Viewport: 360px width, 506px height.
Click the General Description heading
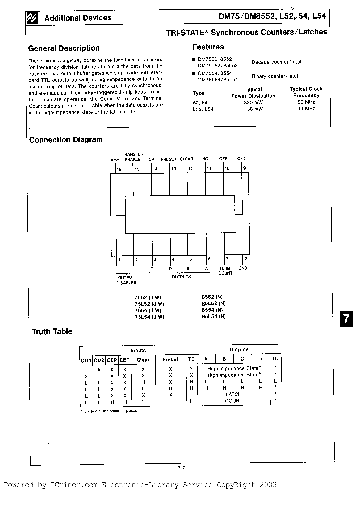tap(64, 48)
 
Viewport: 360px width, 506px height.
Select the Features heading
tap(208, 47)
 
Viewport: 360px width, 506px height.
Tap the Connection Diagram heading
tap(66, 140)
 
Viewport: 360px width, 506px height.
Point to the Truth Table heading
tap(52, 331)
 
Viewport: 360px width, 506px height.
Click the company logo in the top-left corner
tap(33, 18)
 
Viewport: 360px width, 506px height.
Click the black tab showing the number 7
tap(347, 319)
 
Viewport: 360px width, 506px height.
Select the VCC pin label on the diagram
tap(115, 161)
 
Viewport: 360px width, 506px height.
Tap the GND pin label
tap(243, 268)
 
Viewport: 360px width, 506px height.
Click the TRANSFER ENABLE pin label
tap(133, 156)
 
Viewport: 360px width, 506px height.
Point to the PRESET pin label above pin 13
tap(169, 159)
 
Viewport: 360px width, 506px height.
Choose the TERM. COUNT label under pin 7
tap(226, 271)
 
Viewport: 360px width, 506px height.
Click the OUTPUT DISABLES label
tap(126, 280)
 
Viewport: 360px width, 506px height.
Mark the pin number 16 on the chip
tap(119, 169)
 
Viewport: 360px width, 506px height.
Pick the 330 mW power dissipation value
tap(253, 102)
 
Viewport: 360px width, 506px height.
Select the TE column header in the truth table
tap(191, 359)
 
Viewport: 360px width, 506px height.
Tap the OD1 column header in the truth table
tap(86, 360)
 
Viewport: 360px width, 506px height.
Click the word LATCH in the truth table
tap(233, 394)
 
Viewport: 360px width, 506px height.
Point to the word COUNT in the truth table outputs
tap(233, 401)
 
